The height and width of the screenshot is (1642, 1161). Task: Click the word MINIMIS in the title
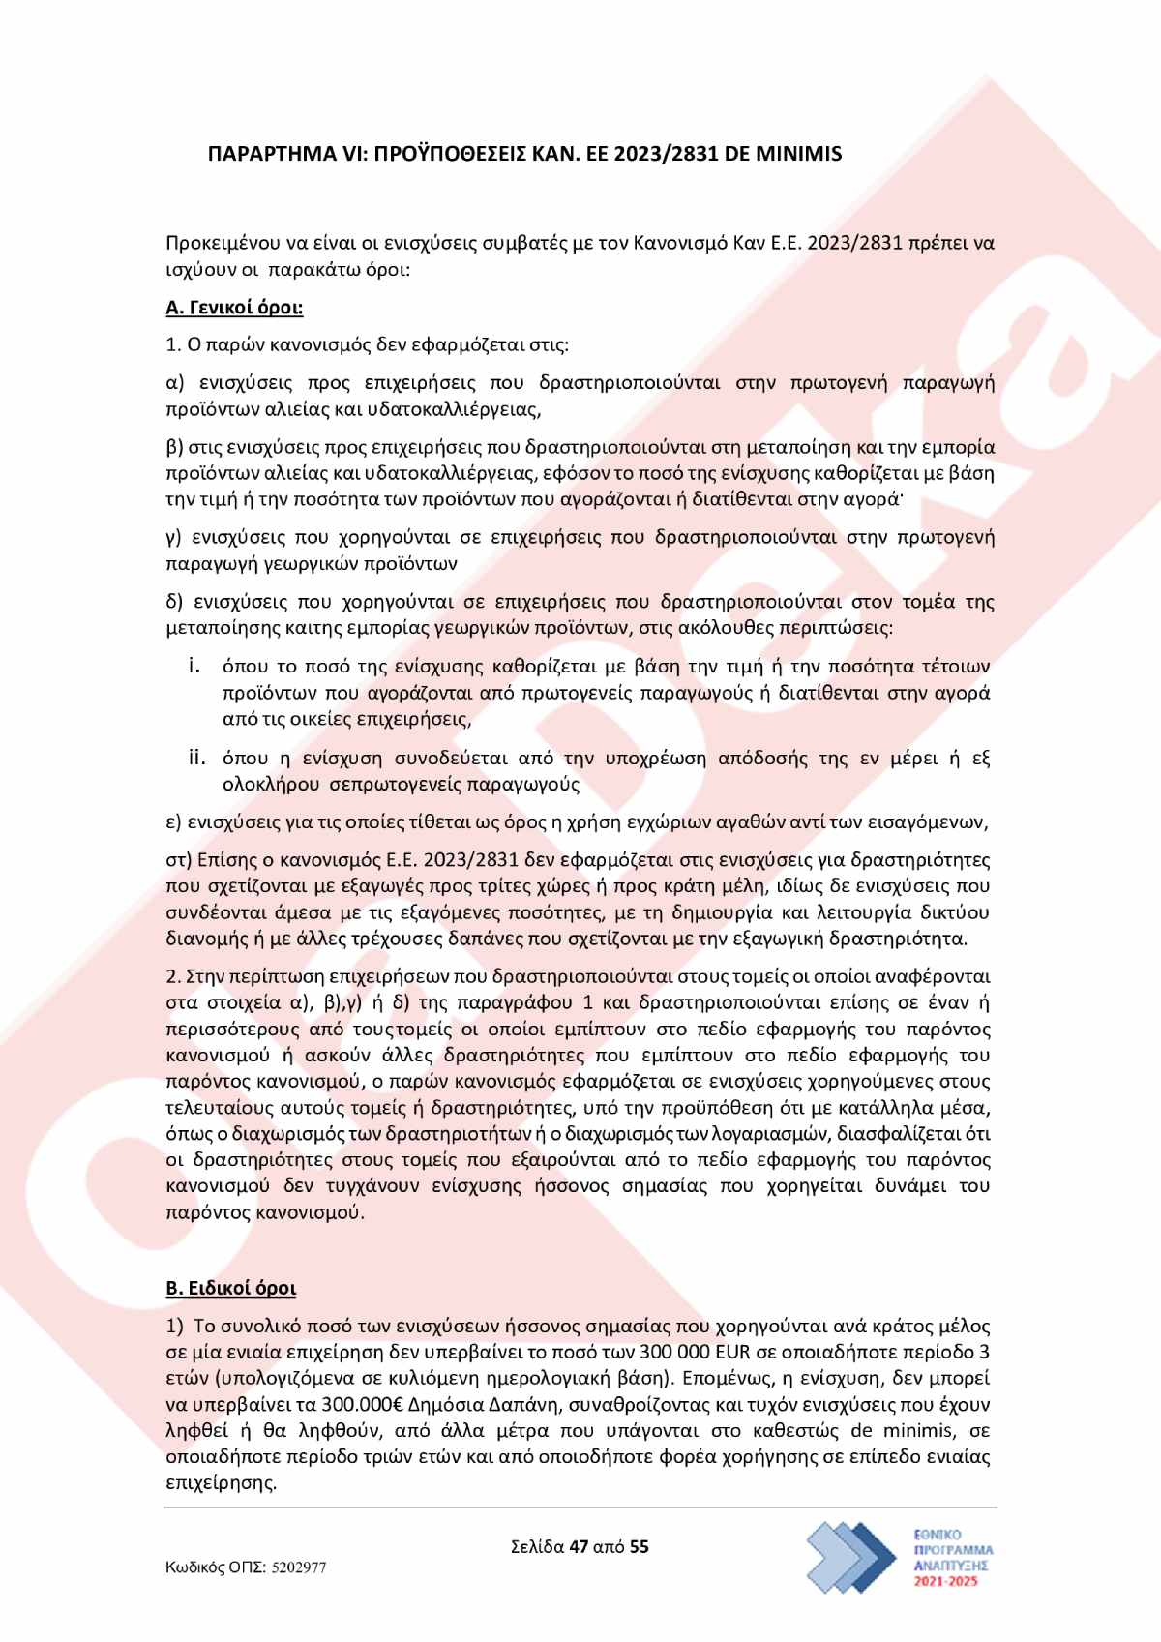click(x=800, y=153)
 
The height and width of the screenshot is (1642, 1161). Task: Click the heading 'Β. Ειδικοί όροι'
click(x=231, y=1288)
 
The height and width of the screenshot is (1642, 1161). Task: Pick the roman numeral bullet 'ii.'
click(x=197, y=757)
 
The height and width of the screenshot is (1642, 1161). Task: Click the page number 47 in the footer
click(x=579, y=1546)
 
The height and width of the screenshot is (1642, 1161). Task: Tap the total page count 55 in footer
click(x=639, y=1546)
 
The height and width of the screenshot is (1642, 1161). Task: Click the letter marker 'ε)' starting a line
click(x=174, y=822)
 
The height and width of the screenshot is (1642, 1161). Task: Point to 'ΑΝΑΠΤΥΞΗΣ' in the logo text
click(x=953, y=1564)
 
